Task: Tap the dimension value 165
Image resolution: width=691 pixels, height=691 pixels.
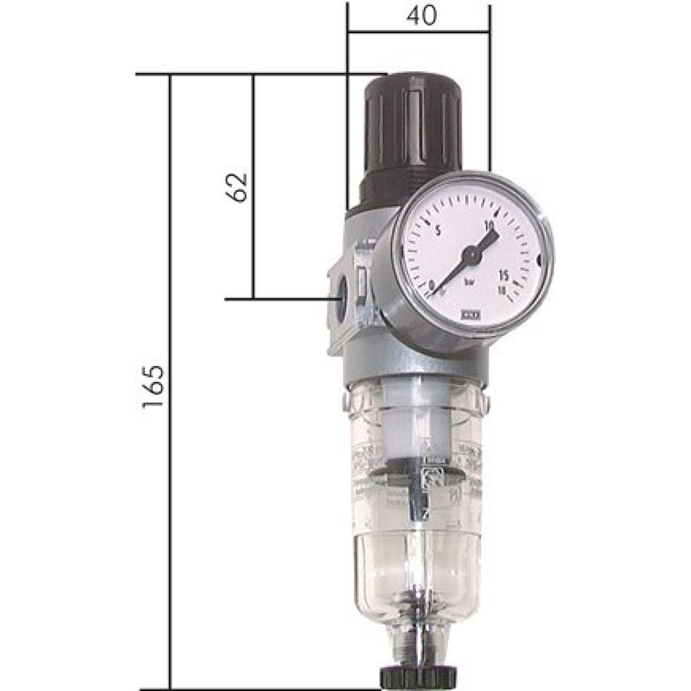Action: (153, 384)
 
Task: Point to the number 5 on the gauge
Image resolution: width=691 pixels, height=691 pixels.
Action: (436, 231)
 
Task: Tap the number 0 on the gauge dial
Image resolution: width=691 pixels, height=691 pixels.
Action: (432, 284)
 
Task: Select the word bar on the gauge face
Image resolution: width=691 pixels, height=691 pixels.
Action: (470, 281)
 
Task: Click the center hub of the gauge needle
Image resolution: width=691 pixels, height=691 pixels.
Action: (471, 256)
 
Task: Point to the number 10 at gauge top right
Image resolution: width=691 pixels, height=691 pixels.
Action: (491, 225)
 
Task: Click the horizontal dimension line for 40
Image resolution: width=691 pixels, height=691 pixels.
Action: (419, 32)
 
